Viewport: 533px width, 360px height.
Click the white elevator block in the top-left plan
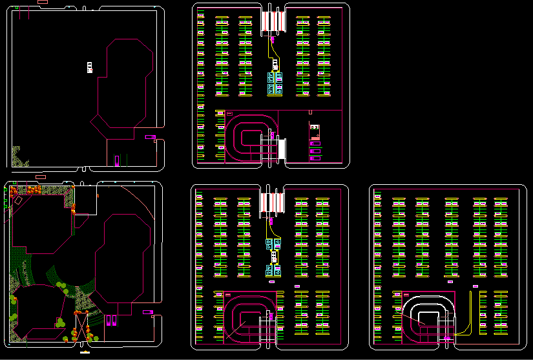[90, 67]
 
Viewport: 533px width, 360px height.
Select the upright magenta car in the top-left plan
[116, 160]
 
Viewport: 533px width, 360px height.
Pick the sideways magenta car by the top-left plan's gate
[150, 137]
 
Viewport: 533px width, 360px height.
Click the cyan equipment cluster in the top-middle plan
[275, 84]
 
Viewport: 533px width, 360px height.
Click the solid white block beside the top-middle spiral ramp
[282, 149]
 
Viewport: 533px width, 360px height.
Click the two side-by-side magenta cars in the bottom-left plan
[111, 319]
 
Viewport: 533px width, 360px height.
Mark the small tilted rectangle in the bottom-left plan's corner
[19, 202]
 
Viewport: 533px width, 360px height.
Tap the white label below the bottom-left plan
[83, 354]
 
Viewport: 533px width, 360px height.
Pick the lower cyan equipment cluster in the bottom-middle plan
[273, 270]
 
